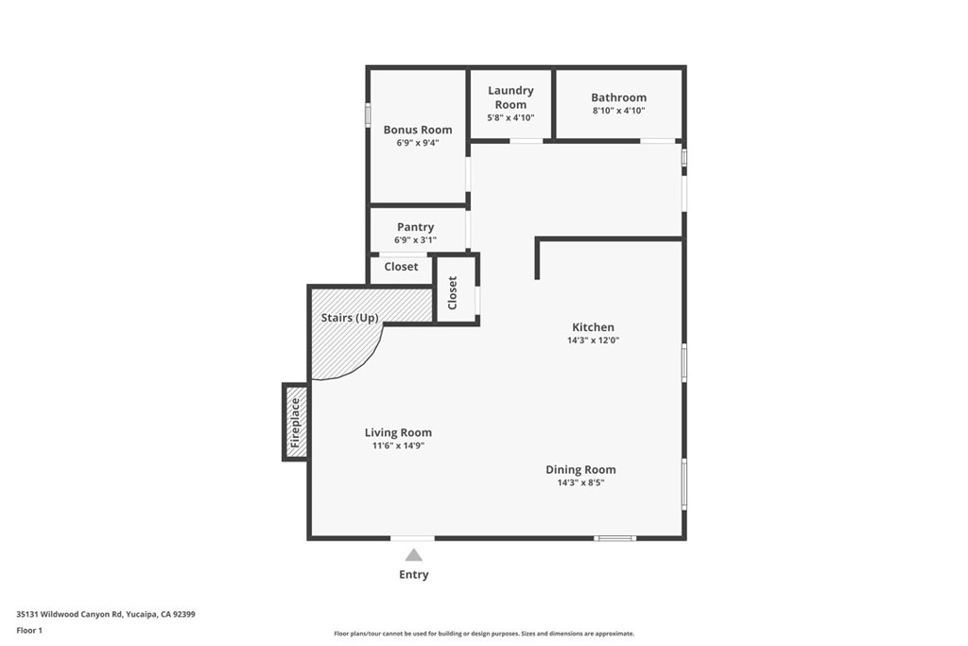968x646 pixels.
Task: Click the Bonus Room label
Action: point(417,130)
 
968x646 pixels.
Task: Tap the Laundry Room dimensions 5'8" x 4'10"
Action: point(510,118)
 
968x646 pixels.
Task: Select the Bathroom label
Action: point(618,97)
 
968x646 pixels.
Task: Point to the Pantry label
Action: point(415,227)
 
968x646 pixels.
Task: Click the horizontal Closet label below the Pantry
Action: point(401,267)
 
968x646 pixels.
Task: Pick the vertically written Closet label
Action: point(453,292)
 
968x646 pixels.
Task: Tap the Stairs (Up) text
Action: point(350,318)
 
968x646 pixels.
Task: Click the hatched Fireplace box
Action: point(296,422)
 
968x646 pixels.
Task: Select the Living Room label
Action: point(398,432)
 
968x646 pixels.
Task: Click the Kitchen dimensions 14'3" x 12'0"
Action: point(593,340)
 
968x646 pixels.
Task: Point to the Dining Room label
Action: point(580,469)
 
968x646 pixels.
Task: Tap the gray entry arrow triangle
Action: point(414,555)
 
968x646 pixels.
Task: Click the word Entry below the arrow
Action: point(414,575)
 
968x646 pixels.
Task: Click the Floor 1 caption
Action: point(31,630)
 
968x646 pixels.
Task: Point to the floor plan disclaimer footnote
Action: point(483,634)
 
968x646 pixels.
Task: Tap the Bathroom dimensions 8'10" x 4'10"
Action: point(618,111)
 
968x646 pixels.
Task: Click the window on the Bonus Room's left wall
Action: point(368,113)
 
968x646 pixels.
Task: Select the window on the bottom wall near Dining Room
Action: point(614,538)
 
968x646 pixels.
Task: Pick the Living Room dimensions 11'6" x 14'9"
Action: point(398,445)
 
